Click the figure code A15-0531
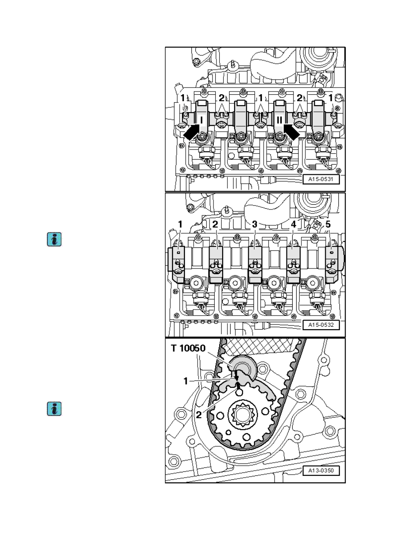point(321,179)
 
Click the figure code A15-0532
point(321,325)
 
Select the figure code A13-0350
point(321,470)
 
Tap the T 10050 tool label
point(188,348)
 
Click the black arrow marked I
point(191,132)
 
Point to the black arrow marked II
point(292,132)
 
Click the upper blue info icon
point(54,239)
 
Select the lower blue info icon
point(54,409)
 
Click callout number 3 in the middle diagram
point(254,225)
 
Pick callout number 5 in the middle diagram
point(328,225)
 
